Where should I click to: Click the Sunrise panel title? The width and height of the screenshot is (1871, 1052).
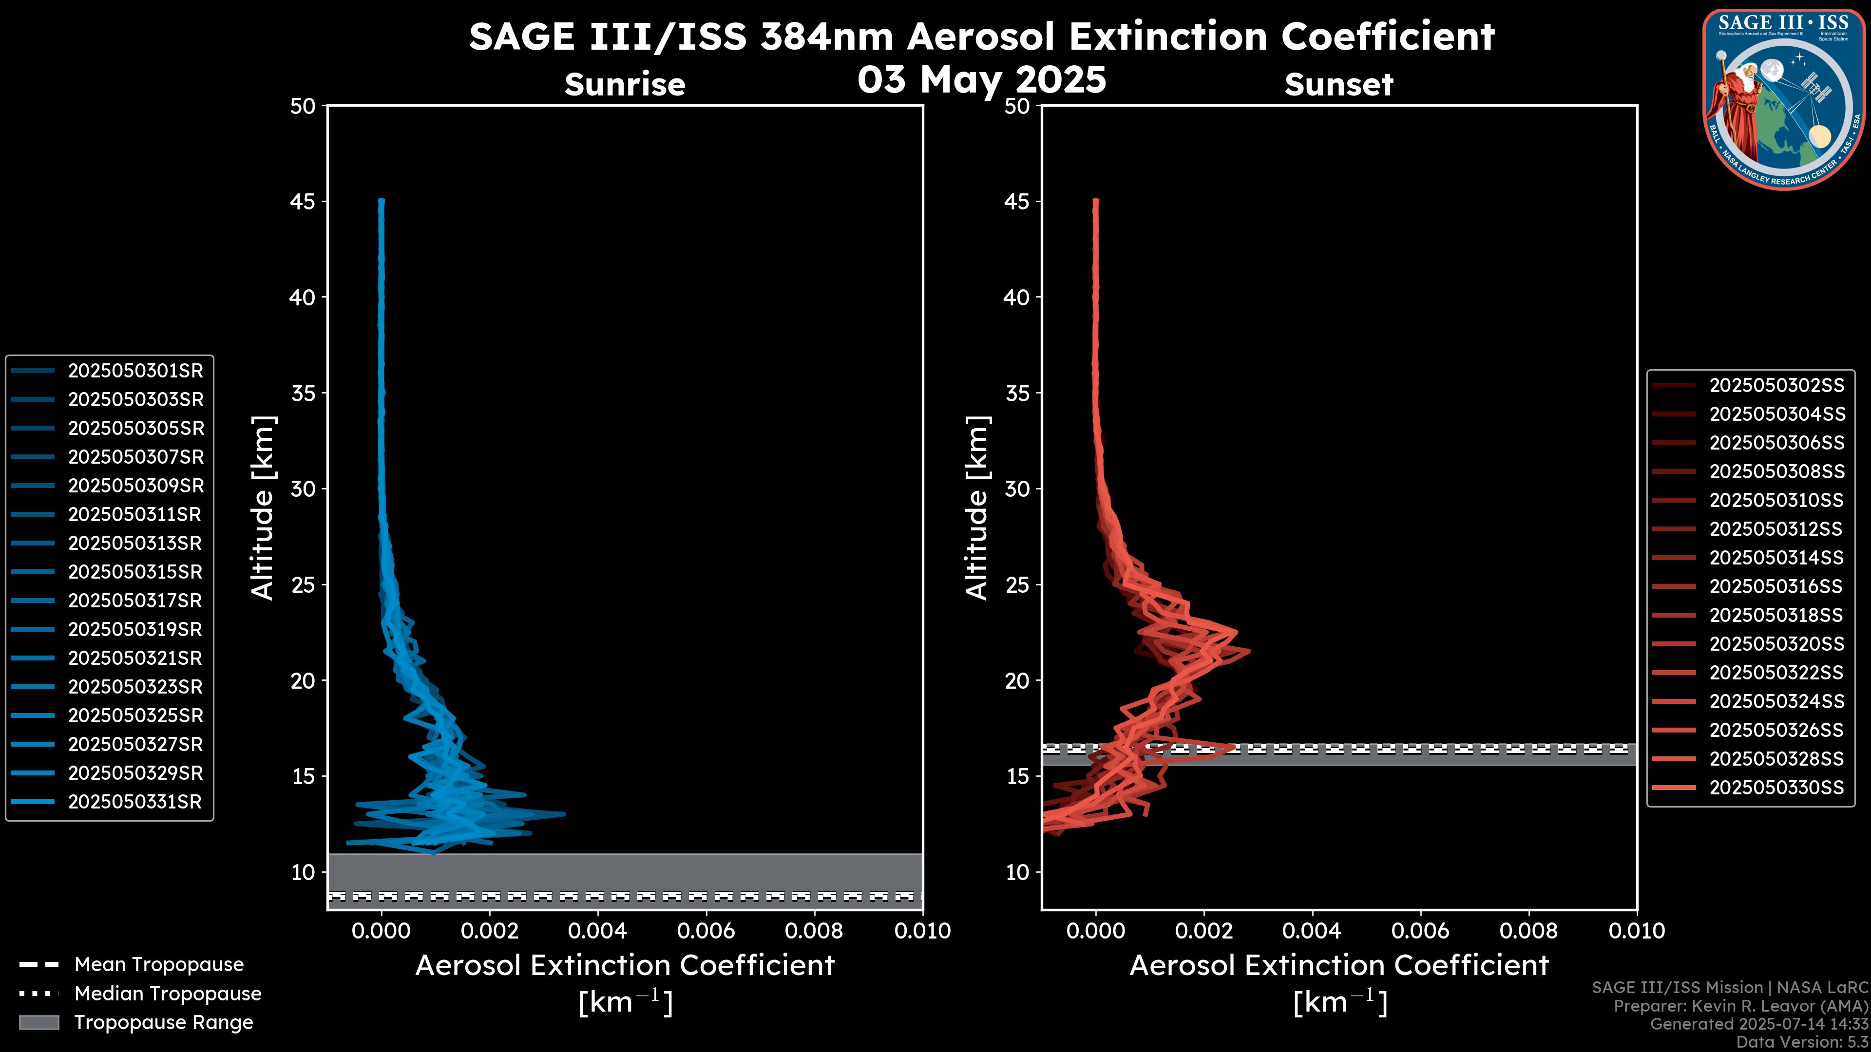coord(625,84)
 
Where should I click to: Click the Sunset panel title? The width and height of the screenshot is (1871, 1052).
coord(1338,84)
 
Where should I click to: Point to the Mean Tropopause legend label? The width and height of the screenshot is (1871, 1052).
coord(159,965)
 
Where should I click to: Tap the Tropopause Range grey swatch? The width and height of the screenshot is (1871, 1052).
coord(39,1023)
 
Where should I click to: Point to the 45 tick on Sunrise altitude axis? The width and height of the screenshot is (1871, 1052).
coord(304,202)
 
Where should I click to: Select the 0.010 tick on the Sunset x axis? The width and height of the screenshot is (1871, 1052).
coord(1637,931)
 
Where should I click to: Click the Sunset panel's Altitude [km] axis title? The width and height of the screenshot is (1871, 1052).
coord(977,508)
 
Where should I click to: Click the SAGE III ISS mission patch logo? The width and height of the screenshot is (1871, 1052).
coord(1784,99)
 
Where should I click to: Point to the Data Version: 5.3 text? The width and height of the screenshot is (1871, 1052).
coord(1801,1042)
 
